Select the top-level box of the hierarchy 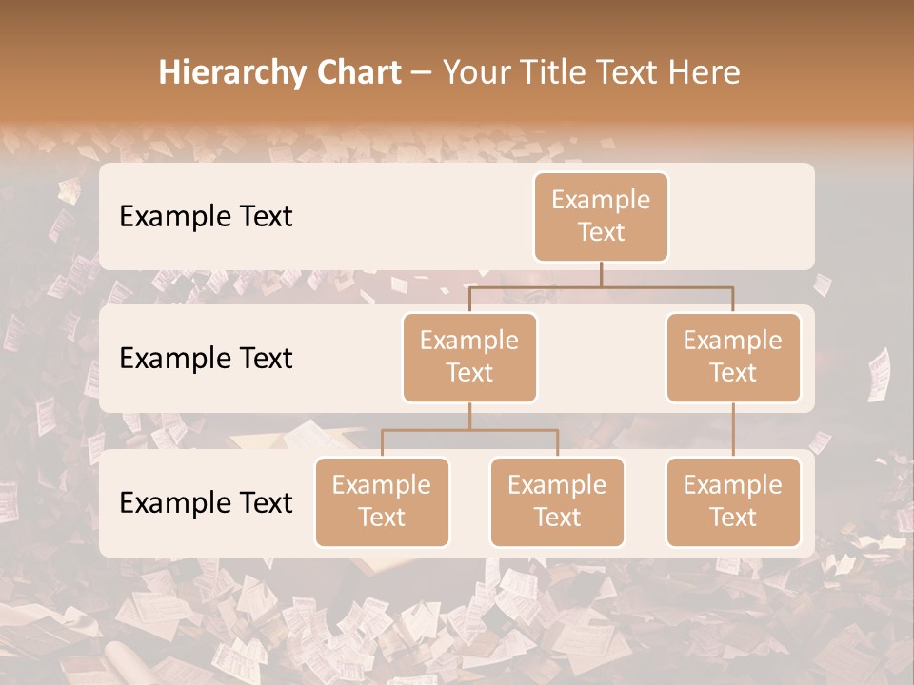(x=601, y=216)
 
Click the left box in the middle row (x=469, y=357)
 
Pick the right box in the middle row (x=733, y=357)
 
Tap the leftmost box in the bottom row (x=382, y=501)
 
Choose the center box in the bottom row (x=557, y=501)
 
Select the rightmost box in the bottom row (x=733, y=501)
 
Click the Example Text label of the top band (x=206, y=216)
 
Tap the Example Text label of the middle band (x=206, y=358)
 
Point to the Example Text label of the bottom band (x=206, y=502)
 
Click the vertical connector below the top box (x=601, y=274)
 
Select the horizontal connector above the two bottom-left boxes (x=469, y=430)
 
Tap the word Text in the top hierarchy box (x=601, y=232)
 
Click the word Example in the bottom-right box (x=733, y=485)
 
